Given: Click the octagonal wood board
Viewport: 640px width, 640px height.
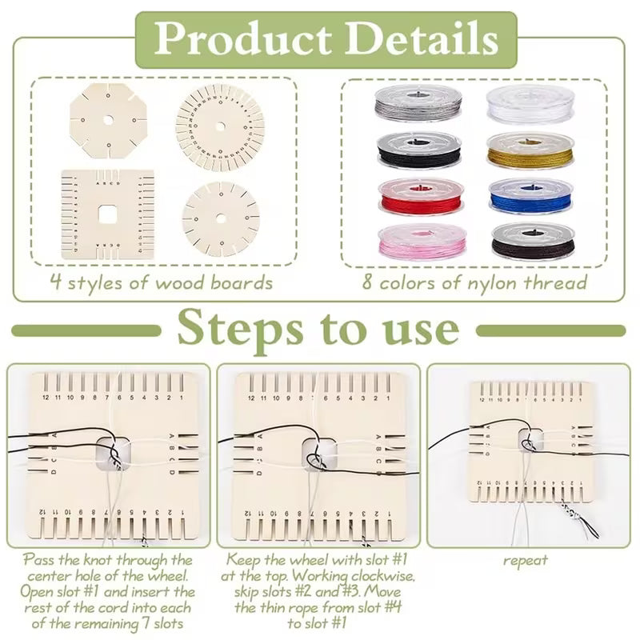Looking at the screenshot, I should click(x=108, y=120).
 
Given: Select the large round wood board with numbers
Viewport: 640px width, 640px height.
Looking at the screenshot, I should click(x=220, y=127).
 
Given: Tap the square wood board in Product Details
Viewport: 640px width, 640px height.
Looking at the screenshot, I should click(x=107, y=214).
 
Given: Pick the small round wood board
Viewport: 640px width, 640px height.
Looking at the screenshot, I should click(x=221, y=218).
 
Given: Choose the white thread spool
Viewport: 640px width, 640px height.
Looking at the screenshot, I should click(x=529, y=103).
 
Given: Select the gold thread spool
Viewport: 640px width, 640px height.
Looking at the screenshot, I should click(x=529, y=150).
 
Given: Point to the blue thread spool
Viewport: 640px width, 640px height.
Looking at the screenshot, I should click(x=529, y=195).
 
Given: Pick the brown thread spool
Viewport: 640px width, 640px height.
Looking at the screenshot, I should click(x=529, y=241).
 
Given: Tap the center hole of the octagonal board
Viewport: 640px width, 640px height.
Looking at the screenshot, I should click(x=108, y=120).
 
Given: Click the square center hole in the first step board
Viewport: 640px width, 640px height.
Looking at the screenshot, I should click(x=109, y=452).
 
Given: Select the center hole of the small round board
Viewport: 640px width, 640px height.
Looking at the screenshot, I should click(x=221, y=218).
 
